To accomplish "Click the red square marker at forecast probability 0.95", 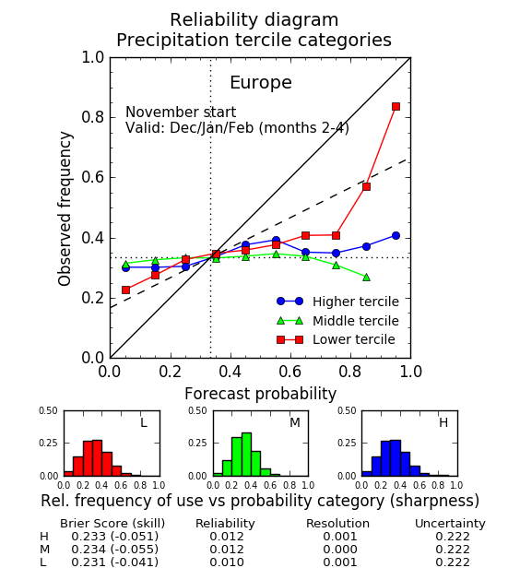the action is tap(396, 107).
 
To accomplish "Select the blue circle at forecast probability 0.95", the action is tap(396, 236).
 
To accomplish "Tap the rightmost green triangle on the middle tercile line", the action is tap(366, 277).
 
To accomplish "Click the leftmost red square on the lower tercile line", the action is tap(125, 290).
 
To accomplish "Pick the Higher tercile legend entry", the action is tap(338, 302).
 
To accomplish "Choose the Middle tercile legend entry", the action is tap(338, 321).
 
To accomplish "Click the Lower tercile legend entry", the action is tap(336, 339).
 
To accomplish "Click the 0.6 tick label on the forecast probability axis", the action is tap(290, 372).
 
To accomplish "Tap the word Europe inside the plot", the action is tap(261, 82).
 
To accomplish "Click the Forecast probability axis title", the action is tap(260, 394).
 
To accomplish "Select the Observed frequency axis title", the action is tap(65, 208).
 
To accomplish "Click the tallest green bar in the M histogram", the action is tap(246, 455).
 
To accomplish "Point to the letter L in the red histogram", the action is tap(144, 422).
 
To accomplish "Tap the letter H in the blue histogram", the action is tap(443, 422).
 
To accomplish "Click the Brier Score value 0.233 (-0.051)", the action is tap(114, 537).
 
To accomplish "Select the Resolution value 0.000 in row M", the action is tap(340, 550).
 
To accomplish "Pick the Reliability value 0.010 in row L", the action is tap(227, 562).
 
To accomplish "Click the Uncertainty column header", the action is tap(450, 524).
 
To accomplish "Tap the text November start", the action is tap(181, 112).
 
